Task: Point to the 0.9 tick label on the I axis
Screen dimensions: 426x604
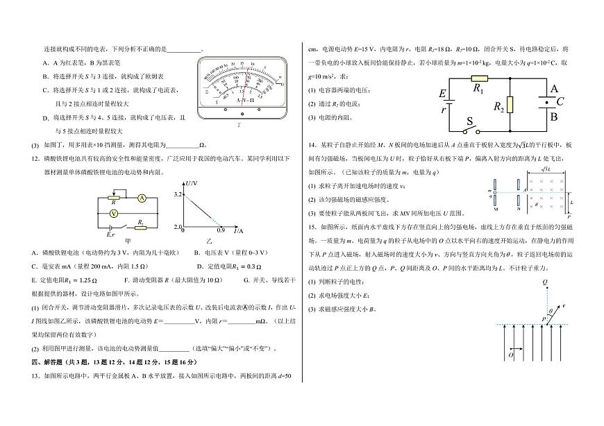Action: pyautogui.click(x=221, y=230)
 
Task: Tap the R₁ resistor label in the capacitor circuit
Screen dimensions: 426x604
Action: pyautogui.click(x=478, y=89)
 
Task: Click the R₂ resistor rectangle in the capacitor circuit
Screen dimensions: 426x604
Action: pyautogui.click(x=510, y=105)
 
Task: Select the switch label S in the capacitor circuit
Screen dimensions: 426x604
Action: pyautogui.click(x=469, y=121)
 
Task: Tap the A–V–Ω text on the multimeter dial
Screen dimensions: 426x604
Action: pyautogui.click(x=244, y=100)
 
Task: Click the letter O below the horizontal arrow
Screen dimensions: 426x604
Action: pyautogui.click(x=510, y=355)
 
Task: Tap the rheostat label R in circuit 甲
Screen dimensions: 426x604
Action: pyautogui.click(x=113, y=203)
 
